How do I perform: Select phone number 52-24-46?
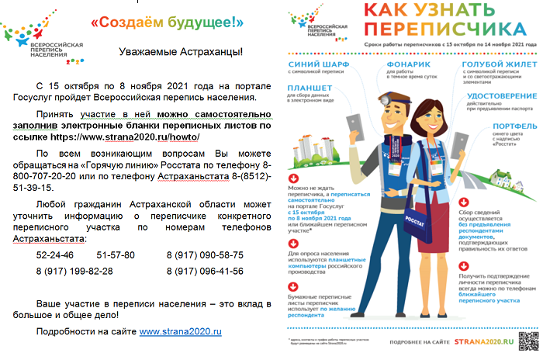[55, 254]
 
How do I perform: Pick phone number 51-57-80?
[116, 254]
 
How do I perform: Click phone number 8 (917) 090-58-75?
[205, 254]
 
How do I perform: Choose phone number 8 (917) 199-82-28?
[74, 271]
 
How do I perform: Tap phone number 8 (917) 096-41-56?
[205, 271]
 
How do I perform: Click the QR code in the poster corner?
[527, 341]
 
